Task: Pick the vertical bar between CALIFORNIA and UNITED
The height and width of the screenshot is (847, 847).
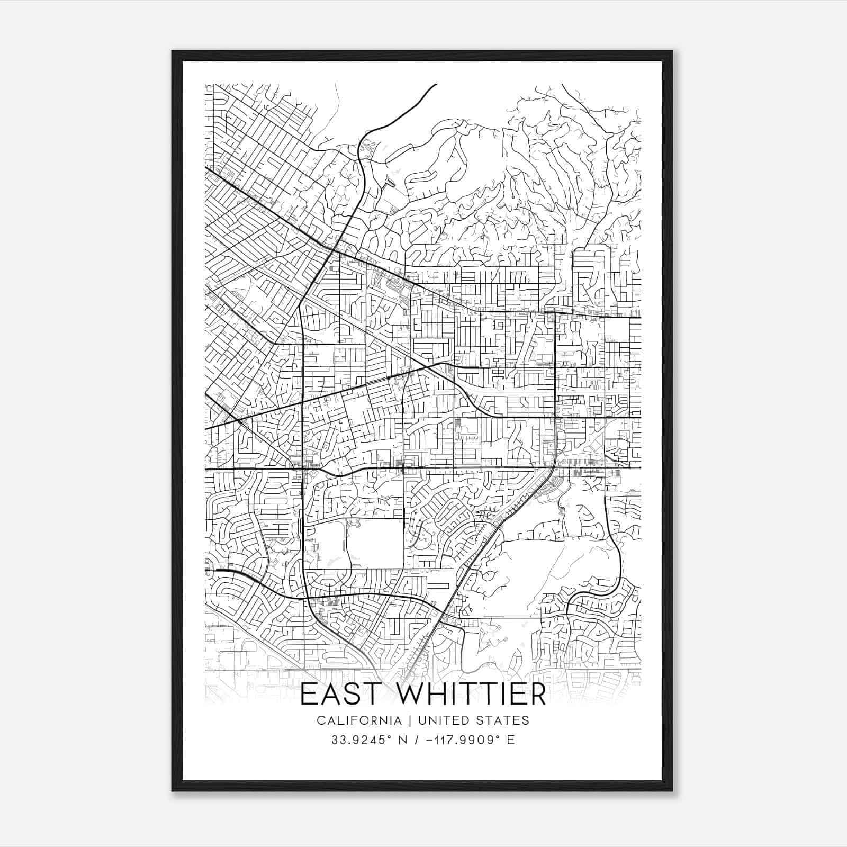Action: tap(404, 720)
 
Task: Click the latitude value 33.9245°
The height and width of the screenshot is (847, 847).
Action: tap(361, 740)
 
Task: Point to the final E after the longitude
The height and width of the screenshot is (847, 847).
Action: tap(511, 740)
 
